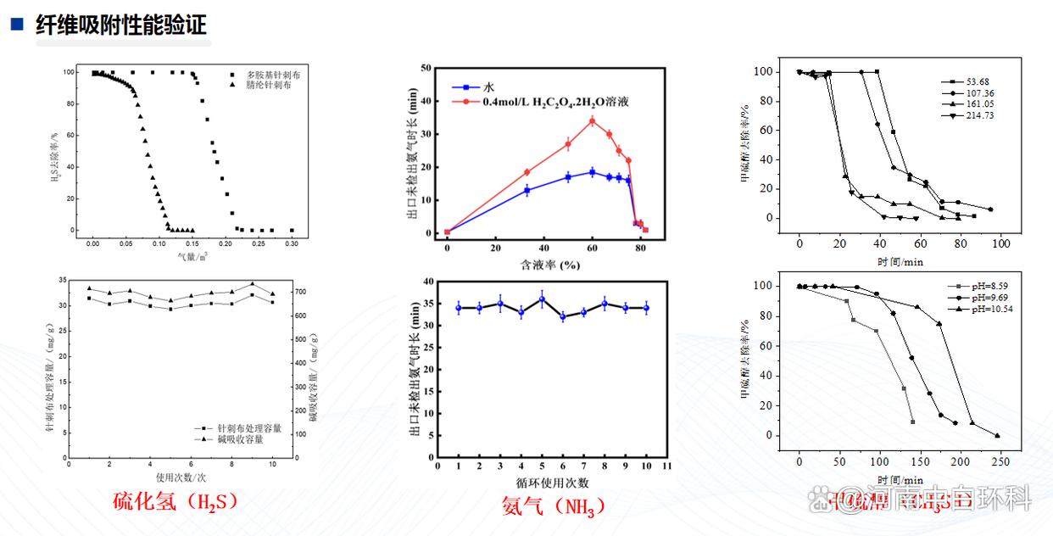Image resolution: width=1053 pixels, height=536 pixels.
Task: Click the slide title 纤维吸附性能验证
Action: pos(121,25)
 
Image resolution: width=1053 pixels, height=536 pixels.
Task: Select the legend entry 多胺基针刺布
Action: pos(272,75)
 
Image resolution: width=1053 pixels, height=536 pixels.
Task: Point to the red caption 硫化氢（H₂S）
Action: pos(175,501)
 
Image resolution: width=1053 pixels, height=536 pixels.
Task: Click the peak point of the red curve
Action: pos(592,120)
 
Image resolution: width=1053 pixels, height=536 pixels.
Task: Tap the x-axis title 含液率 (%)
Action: pos(549,265)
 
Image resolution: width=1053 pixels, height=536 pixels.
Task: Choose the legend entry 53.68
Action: pos(966,82)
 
